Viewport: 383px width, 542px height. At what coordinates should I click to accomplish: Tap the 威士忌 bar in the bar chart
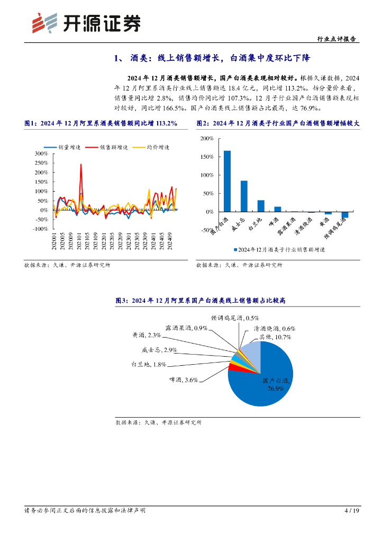244,196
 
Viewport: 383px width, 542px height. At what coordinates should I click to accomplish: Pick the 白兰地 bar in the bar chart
261,205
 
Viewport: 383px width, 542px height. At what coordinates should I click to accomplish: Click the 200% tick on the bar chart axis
207,138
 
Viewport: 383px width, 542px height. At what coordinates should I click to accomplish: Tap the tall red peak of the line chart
81,165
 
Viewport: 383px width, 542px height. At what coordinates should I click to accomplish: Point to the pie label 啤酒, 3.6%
183,379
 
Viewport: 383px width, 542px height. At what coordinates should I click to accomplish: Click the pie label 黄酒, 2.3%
146,335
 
